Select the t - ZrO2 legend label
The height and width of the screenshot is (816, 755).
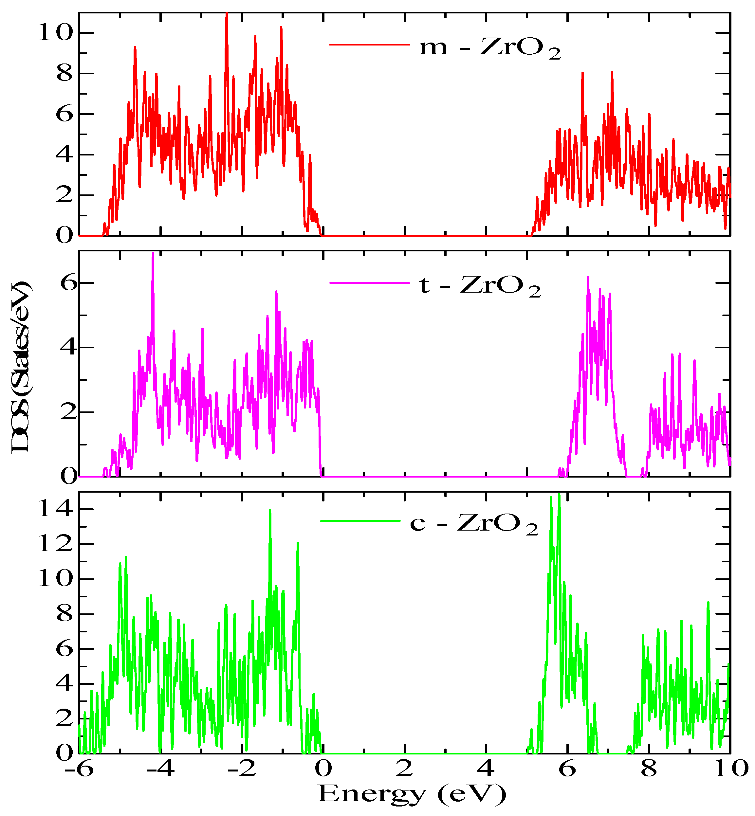(x=480, y=285)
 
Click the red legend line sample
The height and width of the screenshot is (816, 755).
(x=369, y=45)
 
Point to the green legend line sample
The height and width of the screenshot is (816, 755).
(x=360, y=521)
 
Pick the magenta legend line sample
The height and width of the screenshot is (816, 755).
(x=369, y=282)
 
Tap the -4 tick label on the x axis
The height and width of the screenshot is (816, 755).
(x=160, y=770)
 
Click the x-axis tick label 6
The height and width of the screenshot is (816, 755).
(x=567, y=770)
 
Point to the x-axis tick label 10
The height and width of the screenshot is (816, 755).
(x=730, y=770)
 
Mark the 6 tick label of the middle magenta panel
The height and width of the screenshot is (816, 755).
(x=69, y=282)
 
